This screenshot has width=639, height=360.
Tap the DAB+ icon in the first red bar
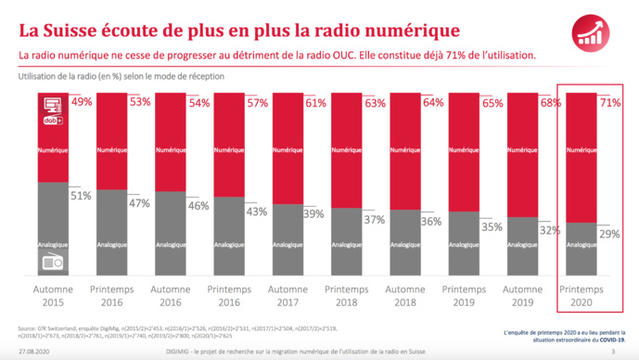[52, 119]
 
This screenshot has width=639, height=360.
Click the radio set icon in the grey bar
[53, 262]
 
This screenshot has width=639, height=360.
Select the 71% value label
[610, 102]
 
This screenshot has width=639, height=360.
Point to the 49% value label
[82, 102]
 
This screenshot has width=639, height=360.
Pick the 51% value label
[82, 196]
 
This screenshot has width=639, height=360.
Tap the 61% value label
[316, 102]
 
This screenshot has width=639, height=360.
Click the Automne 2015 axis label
[53, 296]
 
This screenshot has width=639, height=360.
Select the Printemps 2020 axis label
[581, 296]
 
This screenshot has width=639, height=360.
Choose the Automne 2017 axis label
[288, 296]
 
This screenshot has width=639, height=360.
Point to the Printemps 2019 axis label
[464, 296]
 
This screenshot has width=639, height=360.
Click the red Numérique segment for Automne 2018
[405, 148]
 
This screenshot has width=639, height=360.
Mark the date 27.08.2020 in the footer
[34, 352]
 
